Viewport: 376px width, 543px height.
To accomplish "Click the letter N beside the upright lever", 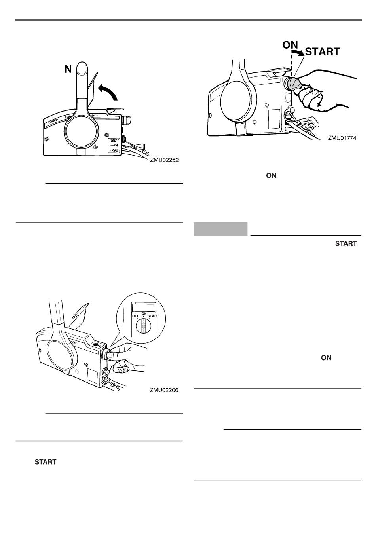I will click(68, 70).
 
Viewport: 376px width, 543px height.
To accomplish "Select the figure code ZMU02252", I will click(164, 161).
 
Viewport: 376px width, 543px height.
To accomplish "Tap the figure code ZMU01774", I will click(342, 138).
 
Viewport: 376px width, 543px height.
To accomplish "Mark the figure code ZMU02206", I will click(164, 390).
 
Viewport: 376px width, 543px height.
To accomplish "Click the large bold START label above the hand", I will click(322, 52).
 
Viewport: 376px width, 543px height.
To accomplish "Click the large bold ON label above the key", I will click(291, 45).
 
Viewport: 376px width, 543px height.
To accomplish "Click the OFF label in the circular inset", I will click(136, 316).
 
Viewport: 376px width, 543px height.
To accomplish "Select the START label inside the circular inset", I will click(153, 316).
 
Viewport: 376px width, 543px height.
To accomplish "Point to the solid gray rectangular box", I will click(220, 229).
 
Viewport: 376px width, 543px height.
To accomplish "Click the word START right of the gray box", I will click(346, 244).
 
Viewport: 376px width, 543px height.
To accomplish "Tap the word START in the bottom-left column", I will click(46, 462).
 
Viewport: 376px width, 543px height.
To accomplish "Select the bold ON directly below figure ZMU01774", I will click(271, 175).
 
